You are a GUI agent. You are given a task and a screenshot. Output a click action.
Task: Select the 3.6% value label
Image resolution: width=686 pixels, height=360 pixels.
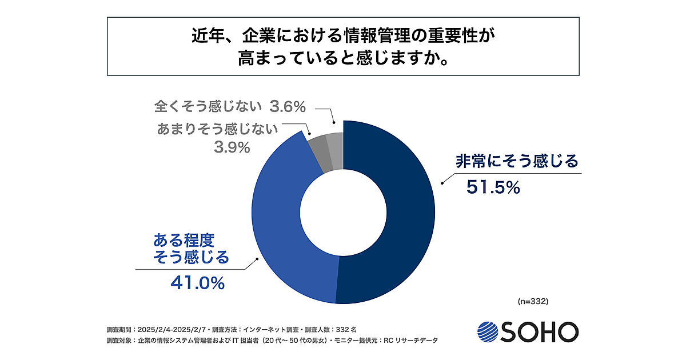[288, 106]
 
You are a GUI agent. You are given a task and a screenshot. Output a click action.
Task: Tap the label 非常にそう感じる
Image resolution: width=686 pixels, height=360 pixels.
[517, 161]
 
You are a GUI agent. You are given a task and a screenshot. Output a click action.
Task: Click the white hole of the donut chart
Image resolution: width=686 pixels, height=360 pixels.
[342, 211]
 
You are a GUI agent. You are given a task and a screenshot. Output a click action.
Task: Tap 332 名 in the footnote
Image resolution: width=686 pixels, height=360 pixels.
[346, 330]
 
